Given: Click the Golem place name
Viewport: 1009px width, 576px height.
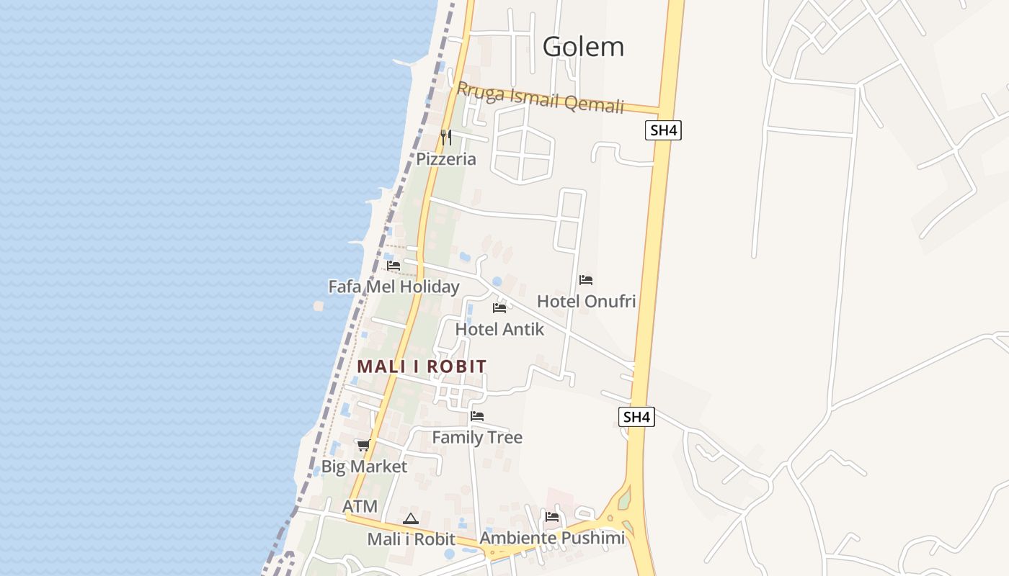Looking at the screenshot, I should click(x=583, y=47).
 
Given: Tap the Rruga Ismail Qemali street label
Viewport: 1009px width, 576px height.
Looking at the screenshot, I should click(x=540, y=98).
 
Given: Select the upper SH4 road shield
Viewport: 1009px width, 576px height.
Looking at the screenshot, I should click(x=663, y=130).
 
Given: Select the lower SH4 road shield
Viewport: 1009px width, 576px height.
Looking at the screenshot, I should click(x=637, y=417).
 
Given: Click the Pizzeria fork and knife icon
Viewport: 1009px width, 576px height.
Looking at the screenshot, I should click(x=446, y=137).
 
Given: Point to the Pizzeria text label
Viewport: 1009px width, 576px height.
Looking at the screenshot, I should click(x=446, y=159).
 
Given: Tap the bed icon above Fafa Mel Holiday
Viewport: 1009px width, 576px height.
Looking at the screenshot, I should click(x=394, y=266).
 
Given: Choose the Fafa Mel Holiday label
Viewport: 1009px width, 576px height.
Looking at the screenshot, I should click(x=394, y=287).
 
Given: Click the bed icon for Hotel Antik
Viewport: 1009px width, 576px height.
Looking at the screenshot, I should click(x=499, y=308).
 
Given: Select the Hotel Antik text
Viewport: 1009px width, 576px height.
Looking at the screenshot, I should click(x=499, y=329).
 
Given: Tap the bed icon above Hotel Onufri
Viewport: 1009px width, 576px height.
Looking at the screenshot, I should click(x=586, y=280).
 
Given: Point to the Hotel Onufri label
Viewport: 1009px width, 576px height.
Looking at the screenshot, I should click(x=586, y=301).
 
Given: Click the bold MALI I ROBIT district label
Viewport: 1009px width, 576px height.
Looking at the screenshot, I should click(x=422, y=366).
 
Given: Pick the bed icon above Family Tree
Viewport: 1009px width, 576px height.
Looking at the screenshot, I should click(x=477, y=416).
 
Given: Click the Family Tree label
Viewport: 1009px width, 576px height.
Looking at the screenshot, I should click(x=477, y=437).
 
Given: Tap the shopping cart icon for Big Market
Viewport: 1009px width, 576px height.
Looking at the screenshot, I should click(x=364, y=445).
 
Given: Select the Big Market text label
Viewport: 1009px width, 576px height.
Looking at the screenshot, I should click(x=364, y=467).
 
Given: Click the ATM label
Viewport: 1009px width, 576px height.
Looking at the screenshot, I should click(x=360, y=506).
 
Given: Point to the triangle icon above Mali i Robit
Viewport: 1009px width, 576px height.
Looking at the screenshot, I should click(x=411, y=518).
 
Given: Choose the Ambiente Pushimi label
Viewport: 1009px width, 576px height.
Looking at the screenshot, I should click(x=552, y=538).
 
